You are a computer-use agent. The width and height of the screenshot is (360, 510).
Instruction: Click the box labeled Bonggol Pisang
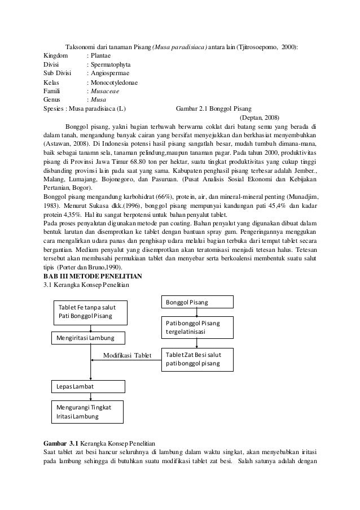(x=199, y=303)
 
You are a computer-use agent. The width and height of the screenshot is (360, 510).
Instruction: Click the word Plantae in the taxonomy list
(x=100, y=55)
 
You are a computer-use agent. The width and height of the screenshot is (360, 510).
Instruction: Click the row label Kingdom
(x=55, y=55)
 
